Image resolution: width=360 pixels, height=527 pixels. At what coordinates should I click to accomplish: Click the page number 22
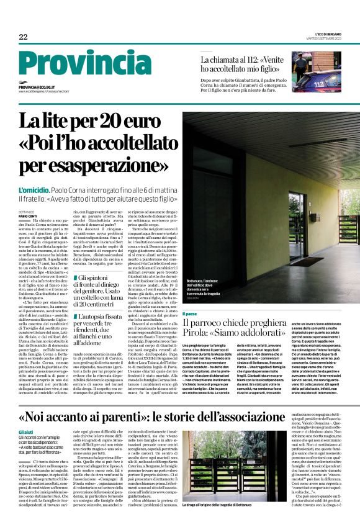pyautogui.click(x=24, y=37)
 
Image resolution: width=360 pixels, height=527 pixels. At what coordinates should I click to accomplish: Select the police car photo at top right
pyautogui.click(x=317, y=70)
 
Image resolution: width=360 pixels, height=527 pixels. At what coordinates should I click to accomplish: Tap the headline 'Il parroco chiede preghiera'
pyautogui.click(x=243, y=325)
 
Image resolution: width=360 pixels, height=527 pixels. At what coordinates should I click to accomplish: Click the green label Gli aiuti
pyautogui.click(x=26, y=414)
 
